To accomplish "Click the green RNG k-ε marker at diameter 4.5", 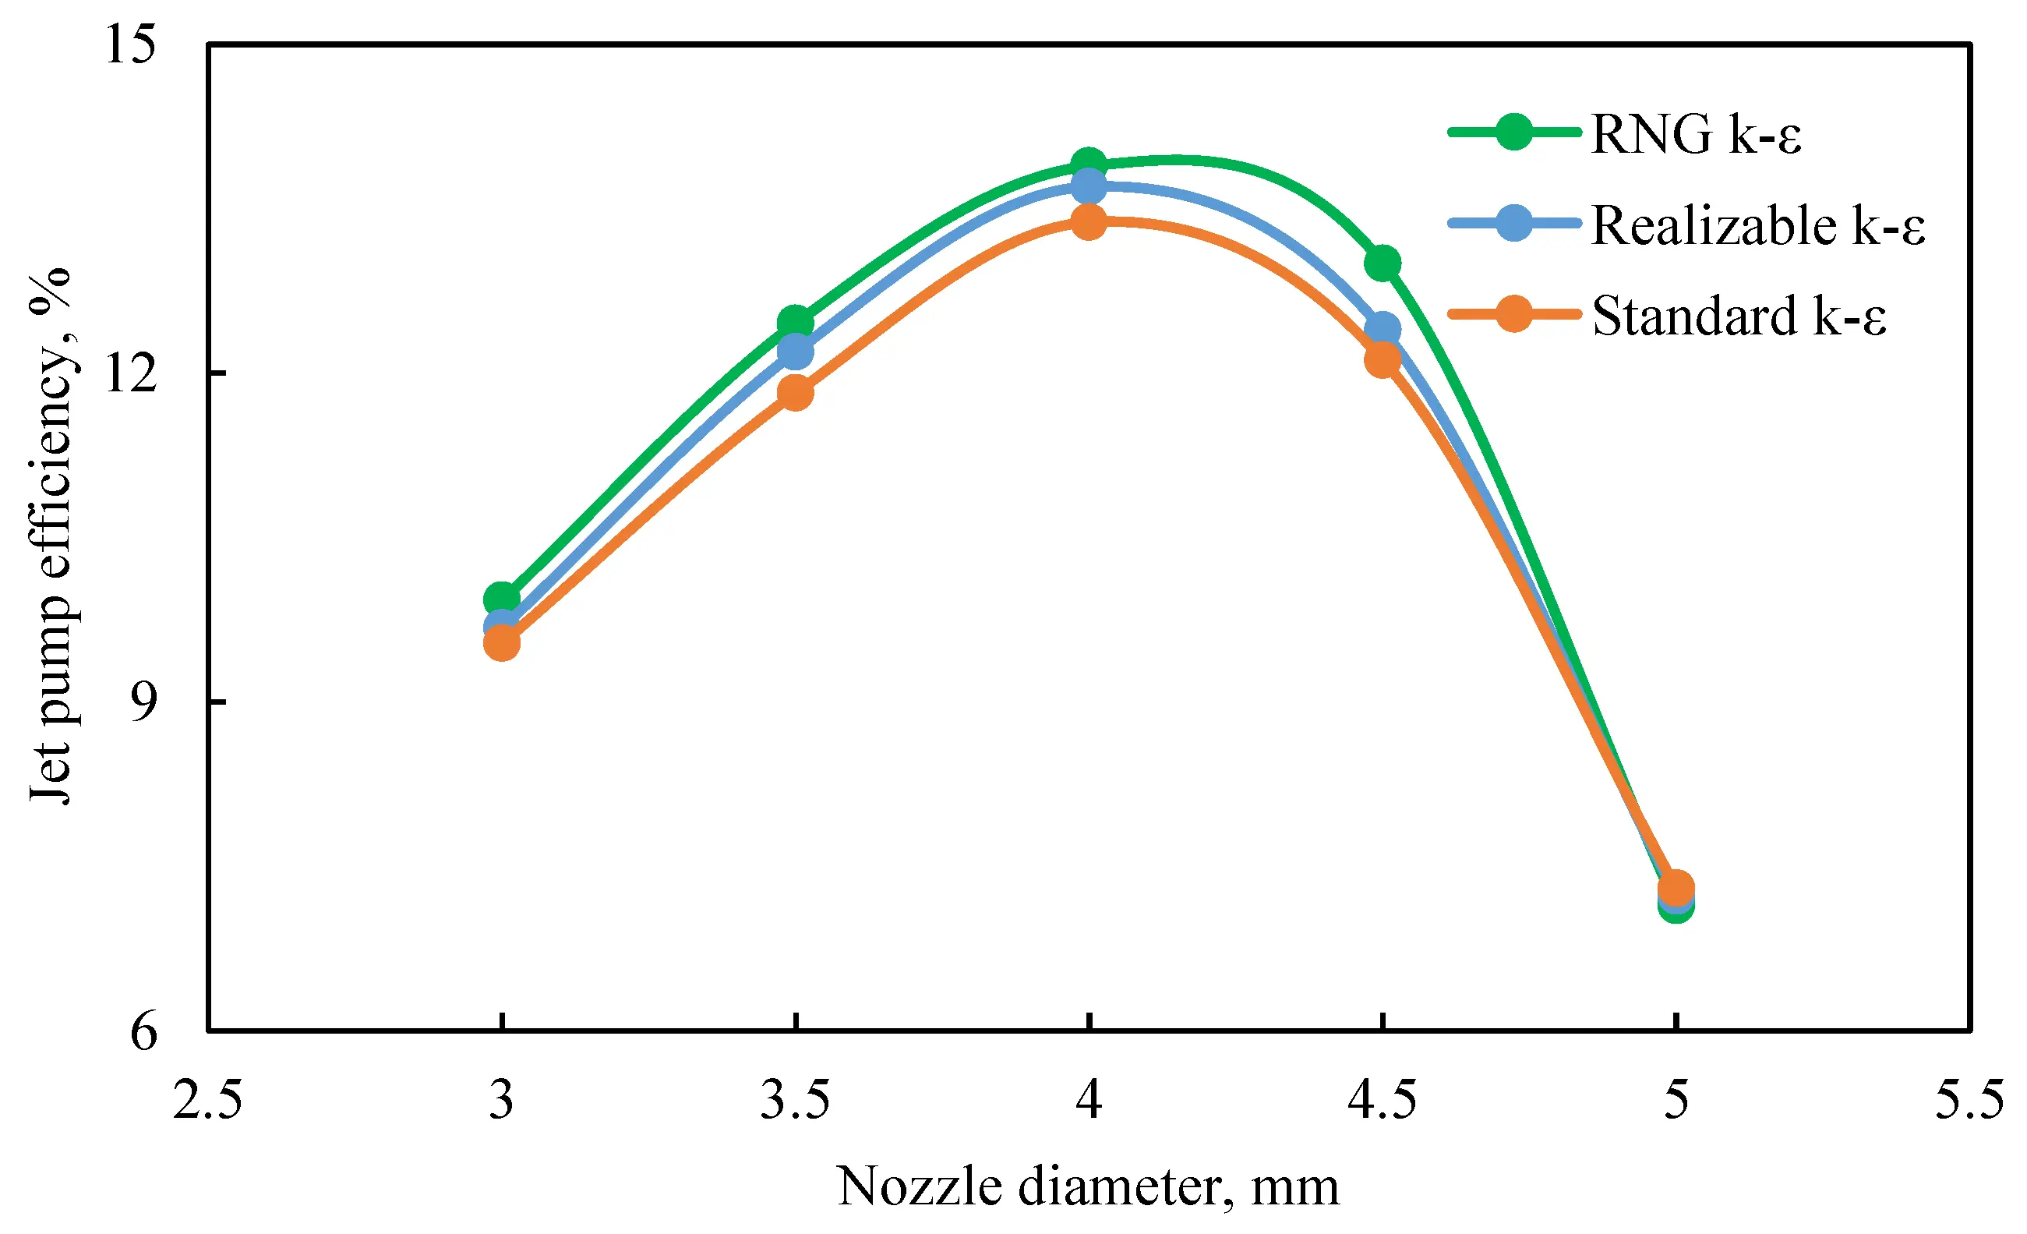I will [1383, 263].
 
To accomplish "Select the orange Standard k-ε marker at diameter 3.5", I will [796, 392].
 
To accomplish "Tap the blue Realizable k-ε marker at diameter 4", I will [1089, 185].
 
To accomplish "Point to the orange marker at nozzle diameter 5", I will [1676, 888].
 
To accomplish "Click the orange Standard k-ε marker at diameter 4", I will [1089, 221].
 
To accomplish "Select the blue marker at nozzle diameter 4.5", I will [1383, 330].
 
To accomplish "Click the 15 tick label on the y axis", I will [130, 44].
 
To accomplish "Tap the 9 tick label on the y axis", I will [143, 702].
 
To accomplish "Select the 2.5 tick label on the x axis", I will [207, 1100].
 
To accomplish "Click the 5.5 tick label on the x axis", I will [1969, 1100].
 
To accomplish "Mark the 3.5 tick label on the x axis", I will [795, 1100].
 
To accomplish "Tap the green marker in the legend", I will [1513, 132].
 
